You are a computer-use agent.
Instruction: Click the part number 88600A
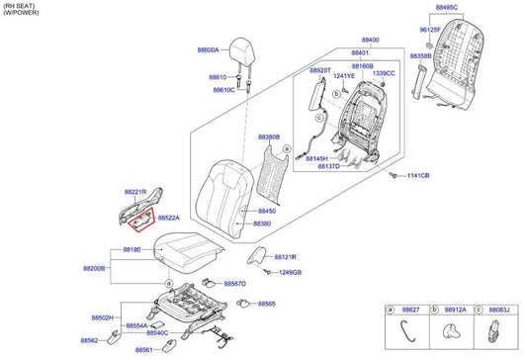click(210, 48)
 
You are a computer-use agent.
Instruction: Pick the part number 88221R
click(135, 191)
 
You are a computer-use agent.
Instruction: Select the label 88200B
click(94, 268)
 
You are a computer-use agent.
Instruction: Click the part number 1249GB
click(290, 272)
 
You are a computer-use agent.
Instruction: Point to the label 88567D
click(234, 284)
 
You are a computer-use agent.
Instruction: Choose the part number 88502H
click(104, 317)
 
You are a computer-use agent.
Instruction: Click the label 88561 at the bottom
click(144, 350)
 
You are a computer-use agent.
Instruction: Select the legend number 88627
click(409, 310)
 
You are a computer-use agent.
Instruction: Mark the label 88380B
click(269, 137)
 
